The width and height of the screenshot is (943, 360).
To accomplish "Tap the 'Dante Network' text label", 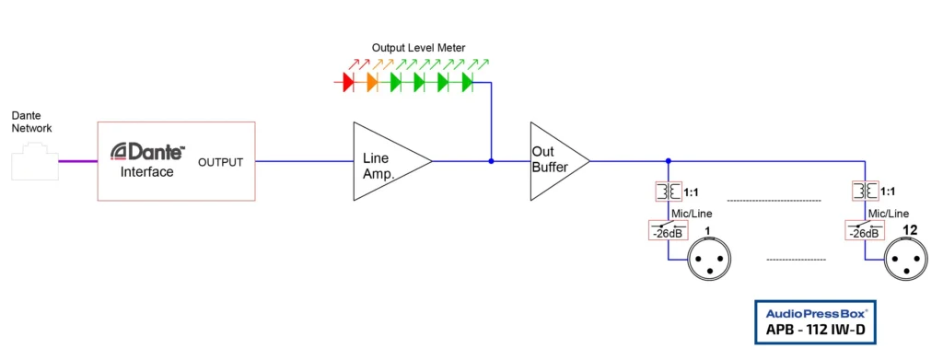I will (x=32, y=122).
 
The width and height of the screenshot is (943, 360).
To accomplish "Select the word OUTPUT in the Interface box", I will (x=221, y=163).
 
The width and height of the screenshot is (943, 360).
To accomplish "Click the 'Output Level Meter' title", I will (x=419, y=47).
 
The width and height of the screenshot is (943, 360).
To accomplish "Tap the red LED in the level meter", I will (x=348, y=83).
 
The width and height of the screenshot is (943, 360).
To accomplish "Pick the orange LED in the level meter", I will (x=372, y=83).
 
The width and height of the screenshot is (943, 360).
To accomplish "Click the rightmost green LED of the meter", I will (x=467, y=83).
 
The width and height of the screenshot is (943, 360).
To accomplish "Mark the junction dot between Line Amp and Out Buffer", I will (x=491, y=161).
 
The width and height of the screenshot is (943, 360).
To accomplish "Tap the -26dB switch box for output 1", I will (x=667, y=230).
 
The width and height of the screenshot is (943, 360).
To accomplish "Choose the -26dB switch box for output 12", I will (x=863, y=230).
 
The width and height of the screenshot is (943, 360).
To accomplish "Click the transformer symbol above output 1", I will (x=667, y=192).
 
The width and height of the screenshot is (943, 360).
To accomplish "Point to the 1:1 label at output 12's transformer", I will (x=888, y=192).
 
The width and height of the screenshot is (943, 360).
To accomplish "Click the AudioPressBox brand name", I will (x=815, y=311).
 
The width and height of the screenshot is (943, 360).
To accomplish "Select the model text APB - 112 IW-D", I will (x=815, y=330).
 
